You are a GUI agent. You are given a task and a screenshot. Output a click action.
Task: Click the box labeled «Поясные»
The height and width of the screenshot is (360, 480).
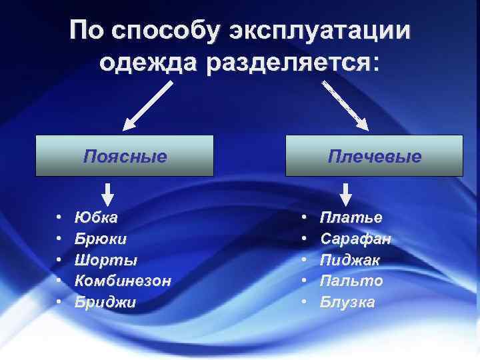[125, 156]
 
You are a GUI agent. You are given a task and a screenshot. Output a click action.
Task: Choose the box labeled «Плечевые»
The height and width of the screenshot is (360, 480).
[374, 156]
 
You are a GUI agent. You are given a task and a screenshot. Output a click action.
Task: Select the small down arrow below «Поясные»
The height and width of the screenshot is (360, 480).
[107, 194]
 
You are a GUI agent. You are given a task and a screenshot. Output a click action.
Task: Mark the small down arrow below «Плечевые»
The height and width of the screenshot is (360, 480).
[345, 194]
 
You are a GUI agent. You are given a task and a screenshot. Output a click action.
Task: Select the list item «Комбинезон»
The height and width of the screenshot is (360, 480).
[123, 281]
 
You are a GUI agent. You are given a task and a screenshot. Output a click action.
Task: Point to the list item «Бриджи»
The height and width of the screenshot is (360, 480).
[105, 302]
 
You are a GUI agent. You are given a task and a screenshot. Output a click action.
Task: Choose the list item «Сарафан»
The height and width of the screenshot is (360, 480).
[356, 239]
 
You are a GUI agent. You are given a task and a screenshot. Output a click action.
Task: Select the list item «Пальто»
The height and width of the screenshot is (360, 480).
[351, 281]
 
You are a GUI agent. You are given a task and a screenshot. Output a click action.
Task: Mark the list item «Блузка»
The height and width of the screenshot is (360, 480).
[347, 302]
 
